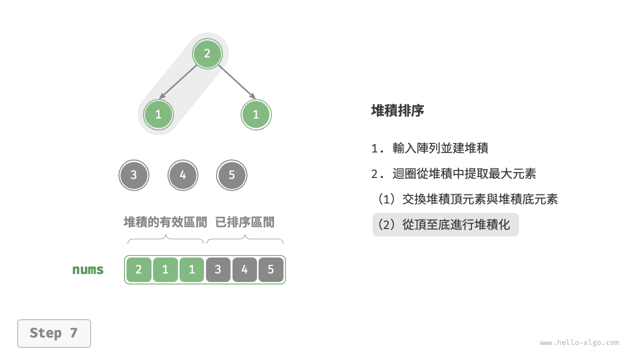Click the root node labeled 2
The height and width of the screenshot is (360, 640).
pos(207,53)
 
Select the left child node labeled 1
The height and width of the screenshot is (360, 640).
pos(158,114)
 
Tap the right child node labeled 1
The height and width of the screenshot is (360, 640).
pos(256,114)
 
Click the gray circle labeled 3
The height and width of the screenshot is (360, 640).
pos(133,175)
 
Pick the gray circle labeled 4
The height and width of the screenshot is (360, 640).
pos(183,175)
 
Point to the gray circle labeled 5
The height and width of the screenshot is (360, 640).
pos(231,175)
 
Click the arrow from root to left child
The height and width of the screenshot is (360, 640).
pos(177,82)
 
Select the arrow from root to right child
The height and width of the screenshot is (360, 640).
pos(236,82)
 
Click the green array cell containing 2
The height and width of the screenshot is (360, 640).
pos(139,269)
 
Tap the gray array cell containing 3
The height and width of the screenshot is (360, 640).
pos(218,269)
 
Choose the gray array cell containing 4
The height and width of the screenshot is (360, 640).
pos(244,269)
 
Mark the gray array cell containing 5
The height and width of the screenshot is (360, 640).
pos(271,269)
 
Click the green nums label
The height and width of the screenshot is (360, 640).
pos(87,269)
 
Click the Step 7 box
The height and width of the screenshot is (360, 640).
pos(54,333)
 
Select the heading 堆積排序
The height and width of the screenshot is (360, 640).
pos(397,110)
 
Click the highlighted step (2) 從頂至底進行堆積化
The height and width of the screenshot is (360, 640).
pos(445,224)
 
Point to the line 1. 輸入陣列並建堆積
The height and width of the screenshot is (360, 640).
pos(429,148)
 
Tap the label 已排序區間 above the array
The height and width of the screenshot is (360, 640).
pos(245,222)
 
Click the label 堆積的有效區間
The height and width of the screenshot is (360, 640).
pos(165,222)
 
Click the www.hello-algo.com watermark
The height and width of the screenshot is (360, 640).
pos(579,342)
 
